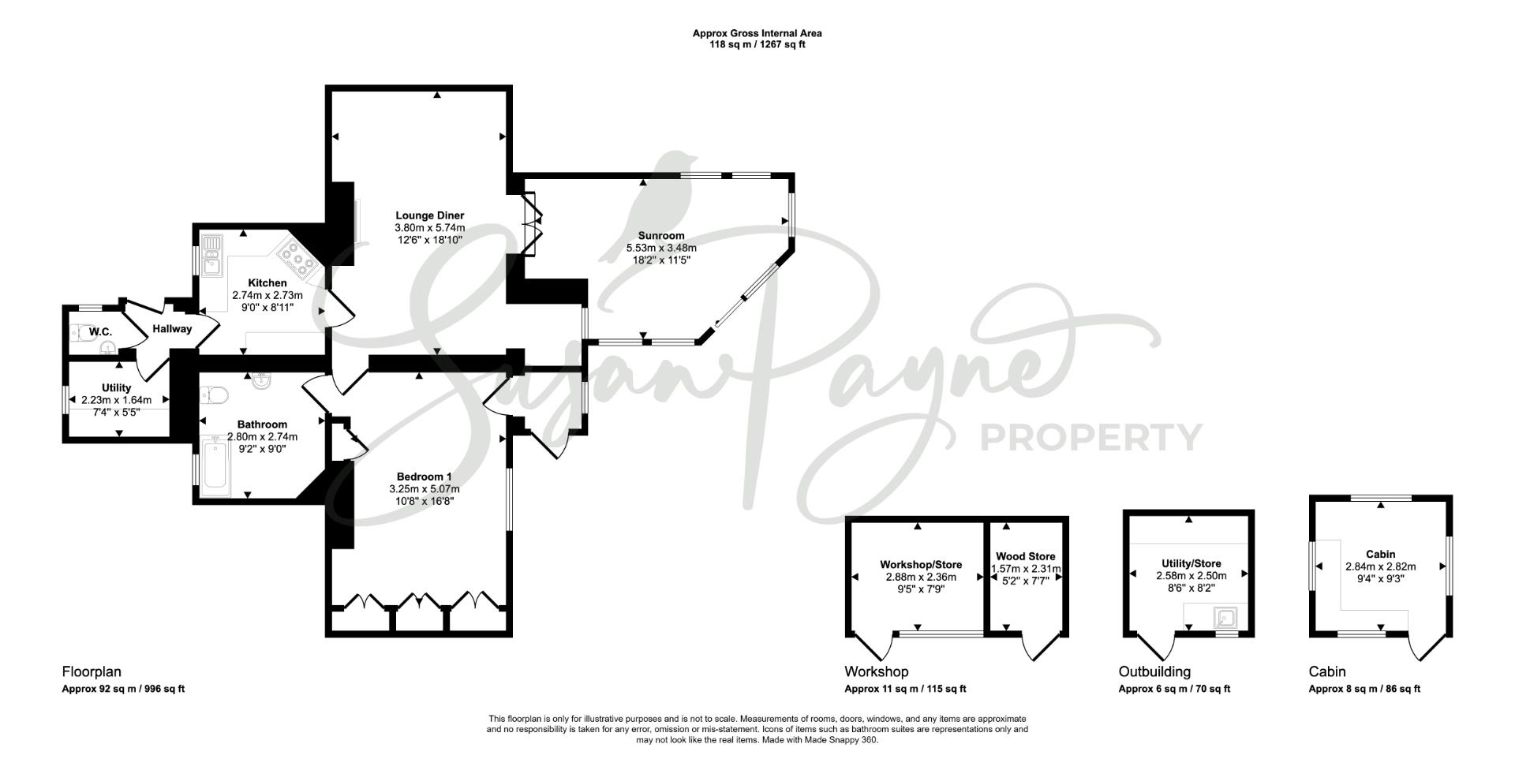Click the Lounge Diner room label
coord(429,215)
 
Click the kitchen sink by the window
coord(212,256)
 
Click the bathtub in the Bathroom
coord(216,465)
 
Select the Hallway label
coord(172,329)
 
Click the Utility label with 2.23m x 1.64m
coord(116,388)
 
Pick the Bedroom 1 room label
coord(424,477)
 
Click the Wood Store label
coord(1025,556)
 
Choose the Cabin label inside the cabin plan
coord(1380,555)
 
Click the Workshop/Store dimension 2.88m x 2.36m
coord(921,577)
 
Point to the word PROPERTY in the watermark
coord(1090,436)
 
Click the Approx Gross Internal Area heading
coord(757,33)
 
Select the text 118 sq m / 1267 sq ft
coord(757,45)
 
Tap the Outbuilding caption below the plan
coord(1154,671)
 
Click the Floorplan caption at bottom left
coord(92,671)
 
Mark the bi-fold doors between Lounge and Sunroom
coord(532,225)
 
